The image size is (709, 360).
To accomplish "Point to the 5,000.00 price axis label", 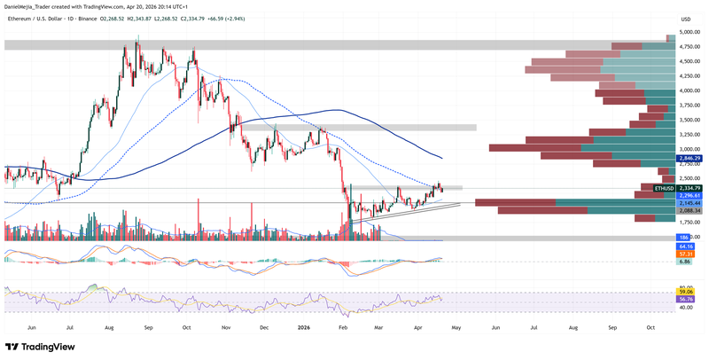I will point(690,32).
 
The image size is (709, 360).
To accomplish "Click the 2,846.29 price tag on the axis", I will point(690,158).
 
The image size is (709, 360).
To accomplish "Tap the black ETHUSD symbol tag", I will point(665,188).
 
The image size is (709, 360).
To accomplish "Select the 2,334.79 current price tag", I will point(690,188).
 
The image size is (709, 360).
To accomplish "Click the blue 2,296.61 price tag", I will point(690,195).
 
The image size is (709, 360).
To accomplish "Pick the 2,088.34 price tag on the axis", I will point(690,210).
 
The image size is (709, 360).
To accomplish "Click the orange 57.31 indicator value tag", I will point(684,253).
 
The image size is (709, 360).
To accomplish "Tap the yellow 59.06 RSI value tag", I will point(684,292).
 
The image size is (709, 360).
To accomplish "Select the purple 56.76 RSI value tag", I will point(684,300).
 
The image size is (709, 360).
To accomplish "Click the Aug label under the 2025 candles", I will point(109,327).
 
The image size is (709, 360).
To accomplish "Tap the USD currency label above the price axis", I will point(685,19).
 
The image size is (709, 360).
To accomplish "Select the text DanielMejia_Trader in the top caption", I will point(33,5).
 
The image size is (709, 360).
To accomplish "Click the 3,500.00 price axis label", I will point(690,120).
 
